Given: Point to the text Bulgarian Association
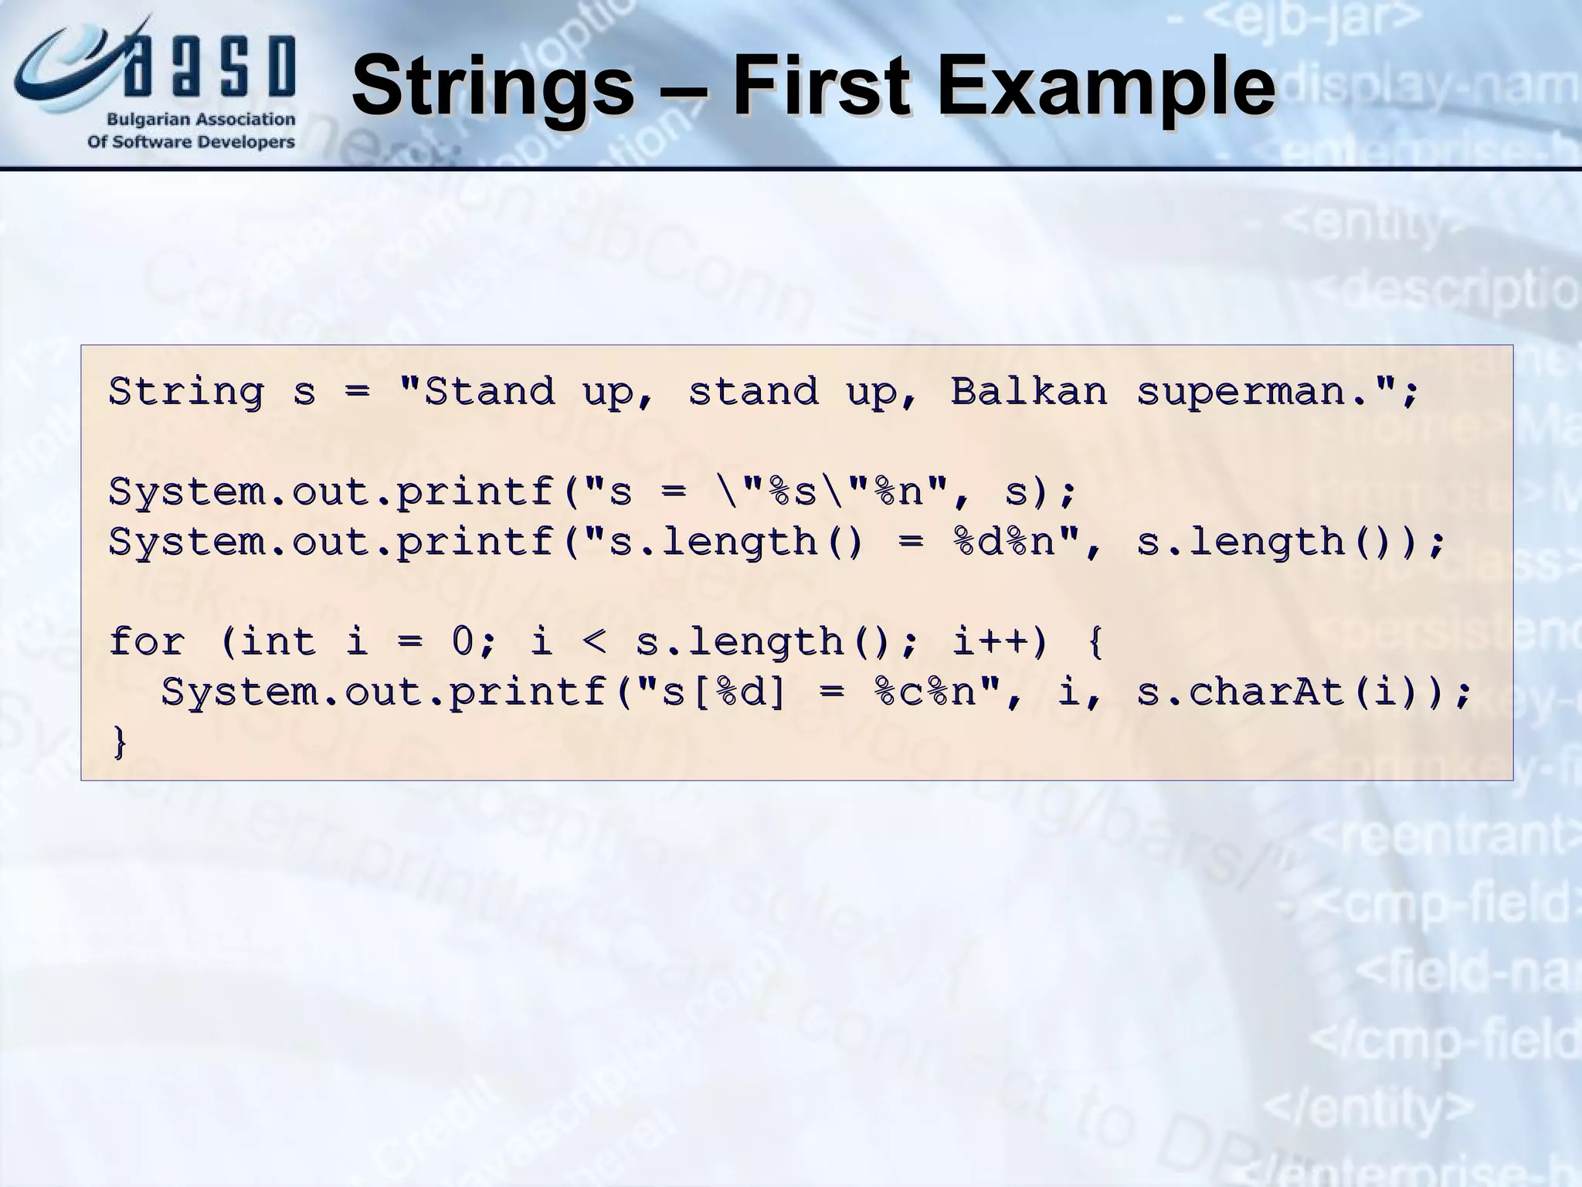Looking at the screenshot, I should [200, 120].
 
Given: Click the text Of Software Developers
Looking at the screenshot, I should [191, 142].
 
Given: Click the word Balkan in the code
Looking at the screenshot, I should [1028, 391].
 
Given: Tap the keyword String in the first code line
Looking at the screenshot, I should [186, 391].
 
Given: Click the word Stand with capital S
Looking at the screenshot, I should [489, 391].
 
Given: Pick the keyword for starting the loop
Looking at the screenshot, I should [147, 641].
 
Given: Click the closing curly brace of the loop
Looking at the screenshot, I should [120, 743].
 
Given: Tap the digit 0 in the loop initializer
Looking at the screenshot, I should [462, 641].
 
